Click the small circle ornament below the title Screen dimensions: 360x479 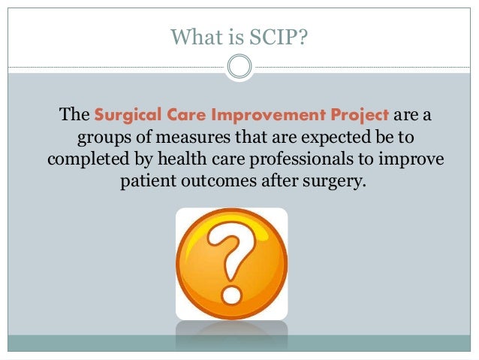239,68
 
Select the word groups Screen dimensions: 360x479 103,140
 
